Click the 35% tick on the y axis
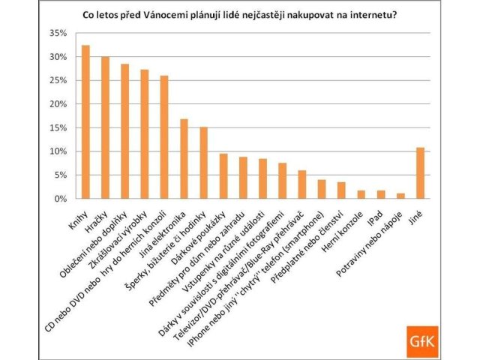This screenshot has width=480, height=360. [60, 34]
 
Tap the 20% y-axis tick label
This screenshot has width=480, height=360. [60, 104]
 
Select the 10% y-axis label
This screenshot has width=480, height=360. [60, 151]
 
